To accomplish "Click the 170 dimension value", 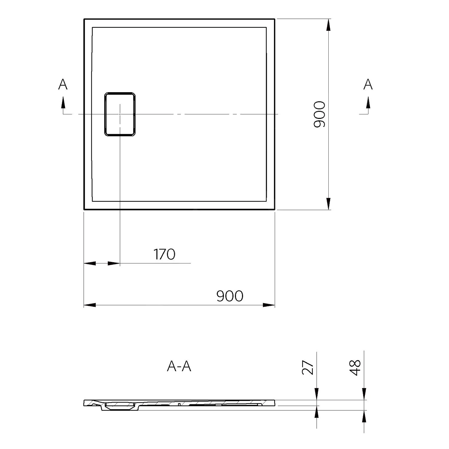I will (x=164, y=254).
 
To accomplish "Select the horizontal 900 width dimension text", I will (x=230, y=296).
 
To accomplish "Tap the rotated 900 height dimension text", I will (x=319, y=114).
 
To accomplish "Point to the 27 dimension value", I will (x=308, y=368).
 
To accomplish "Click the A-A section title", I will (x=179, y=366).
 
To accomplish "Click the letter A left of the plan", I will (x=63, y=85).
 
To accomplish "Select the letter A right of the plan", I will (x=368, y=85).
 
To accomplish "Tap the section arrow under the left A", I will (x=63, y=103).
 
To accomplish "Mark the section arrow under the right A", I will (x=368, y=103).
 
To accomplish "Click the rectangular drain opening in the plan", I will (x=120, y=114).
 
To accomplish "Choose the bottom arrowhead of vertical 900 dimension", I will (x=329, y=204).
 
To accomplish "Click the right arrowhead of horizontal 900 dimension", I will (x=269, y=305).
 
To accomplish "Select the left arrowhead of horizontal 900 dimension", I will (x=90, y=305).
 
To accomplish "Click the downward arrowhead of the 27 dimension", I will (x=316, y=394).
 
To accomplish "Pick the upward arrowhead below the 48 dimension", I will (x=364, y=416).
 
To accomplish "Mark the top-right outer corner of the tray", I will (x=274, y=19).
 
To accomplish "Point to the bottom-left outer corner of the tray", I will (x=84, y=209).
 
